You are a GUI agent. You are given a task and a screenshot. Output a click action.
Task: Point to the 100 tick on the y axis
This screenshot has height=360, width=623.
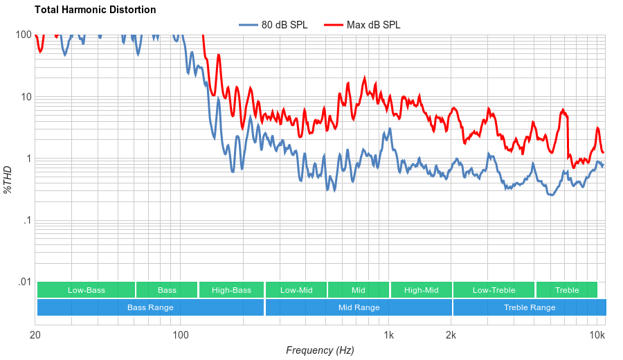click(x=24, y=35)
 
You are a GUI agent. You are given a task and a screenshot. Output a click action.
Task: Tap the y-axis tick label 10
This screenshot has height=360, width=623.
click(x=26, y=97)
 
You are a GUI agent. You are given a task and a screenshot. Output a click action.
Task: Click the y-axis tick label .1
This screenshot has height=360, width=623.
click(x=27, y=221)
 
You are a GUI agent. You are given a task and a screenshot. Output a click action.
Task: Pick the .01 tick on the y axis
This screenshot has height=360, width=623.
click(x=24, y=282)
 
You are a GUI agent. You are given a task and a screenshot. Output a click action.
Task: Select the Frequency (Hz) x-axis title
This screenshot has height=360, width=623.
click(x=320, y=350)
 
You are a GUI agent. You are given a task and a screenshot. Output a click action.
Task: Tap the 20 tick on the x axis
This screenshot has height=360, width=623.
click(x=35, y=336)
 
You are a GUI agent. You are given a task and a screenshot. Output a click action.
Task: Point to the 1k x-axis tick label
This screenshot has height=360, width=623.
click(x=389, y=336)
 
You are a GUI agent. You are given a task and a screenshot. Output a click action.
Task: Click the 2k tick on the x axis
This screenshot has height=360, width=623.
click(x=451, y=336)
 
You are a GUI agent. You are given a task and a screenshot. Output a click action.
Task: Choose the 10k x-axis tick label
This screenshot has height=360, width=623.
click(x=597, y=336)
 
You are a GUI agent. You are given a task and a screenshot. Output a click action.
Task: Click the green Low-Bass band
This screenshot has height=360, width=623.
click(x=86, y=290)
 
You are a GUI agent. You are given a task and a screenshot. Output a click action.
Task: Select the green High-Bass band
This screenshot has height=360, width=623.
click(x=231, y=290)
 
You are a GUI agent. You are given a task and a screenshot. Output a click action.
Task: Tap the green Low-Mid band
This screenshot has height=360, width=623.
click(x=296, y=290)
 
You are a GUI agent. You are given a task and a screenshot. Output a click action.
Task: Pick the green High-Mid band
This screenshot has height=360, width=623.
click(x=421, y=290)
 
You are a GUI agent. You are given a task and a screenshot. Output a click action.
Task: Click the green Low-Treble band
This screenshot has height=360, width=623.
click(x=494, y=290)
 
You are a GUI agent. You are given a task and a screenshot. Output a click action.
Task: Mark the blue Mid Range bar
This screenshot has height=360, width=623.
click(x=359, y=307)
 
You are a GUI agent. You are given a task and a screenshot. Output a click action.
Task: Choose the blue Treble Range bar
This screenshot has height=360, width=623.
click(x=530, y=307)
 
